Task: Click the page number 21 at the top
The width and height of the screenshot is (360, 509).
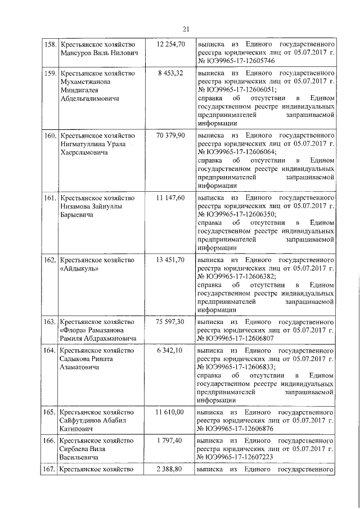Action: coord(186,29)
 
